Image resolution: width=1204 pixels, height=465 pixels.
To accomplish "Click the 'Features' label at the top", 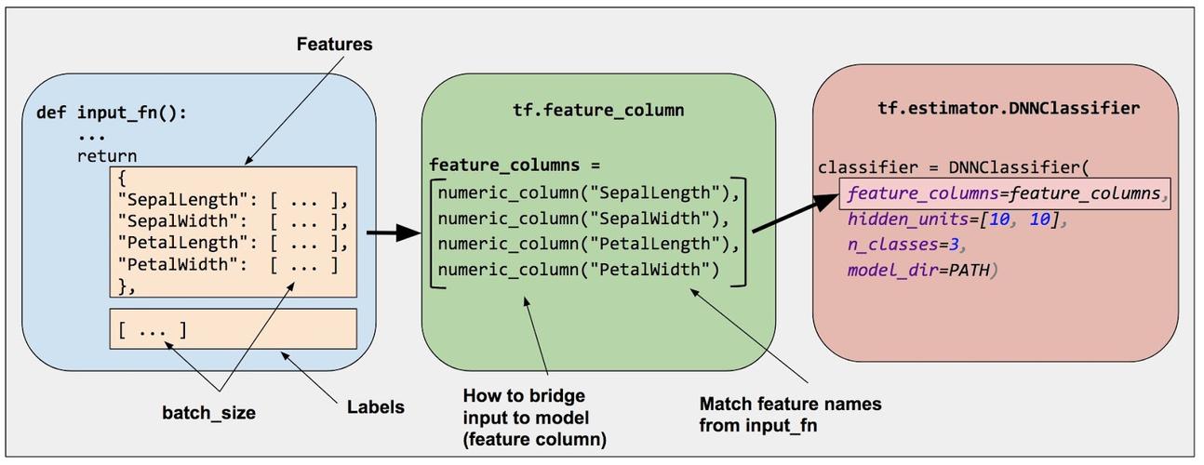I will (334, 44).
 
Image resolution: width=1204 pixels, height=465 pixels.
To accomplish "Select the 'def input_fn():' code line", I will (112, 113).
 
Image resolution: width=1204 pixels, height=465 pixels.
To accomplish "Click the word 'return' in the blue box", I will (106, 156).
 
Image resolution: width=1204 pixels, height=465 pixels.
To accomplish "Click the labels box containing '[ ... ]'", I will (233, 329).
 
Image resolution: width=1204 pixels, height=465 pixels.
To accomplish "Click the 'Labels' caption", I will (376, 407).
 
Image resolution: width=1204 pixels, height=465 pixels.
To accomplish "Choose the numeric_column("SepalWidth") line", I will (586, 219).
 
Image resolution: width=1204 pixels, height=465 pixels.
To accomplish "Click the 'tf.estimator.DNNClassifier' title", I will (1008, 108).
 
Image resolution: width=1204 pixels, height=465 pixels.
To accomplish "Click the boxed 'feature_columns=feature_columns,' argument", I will (1005, 194).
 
